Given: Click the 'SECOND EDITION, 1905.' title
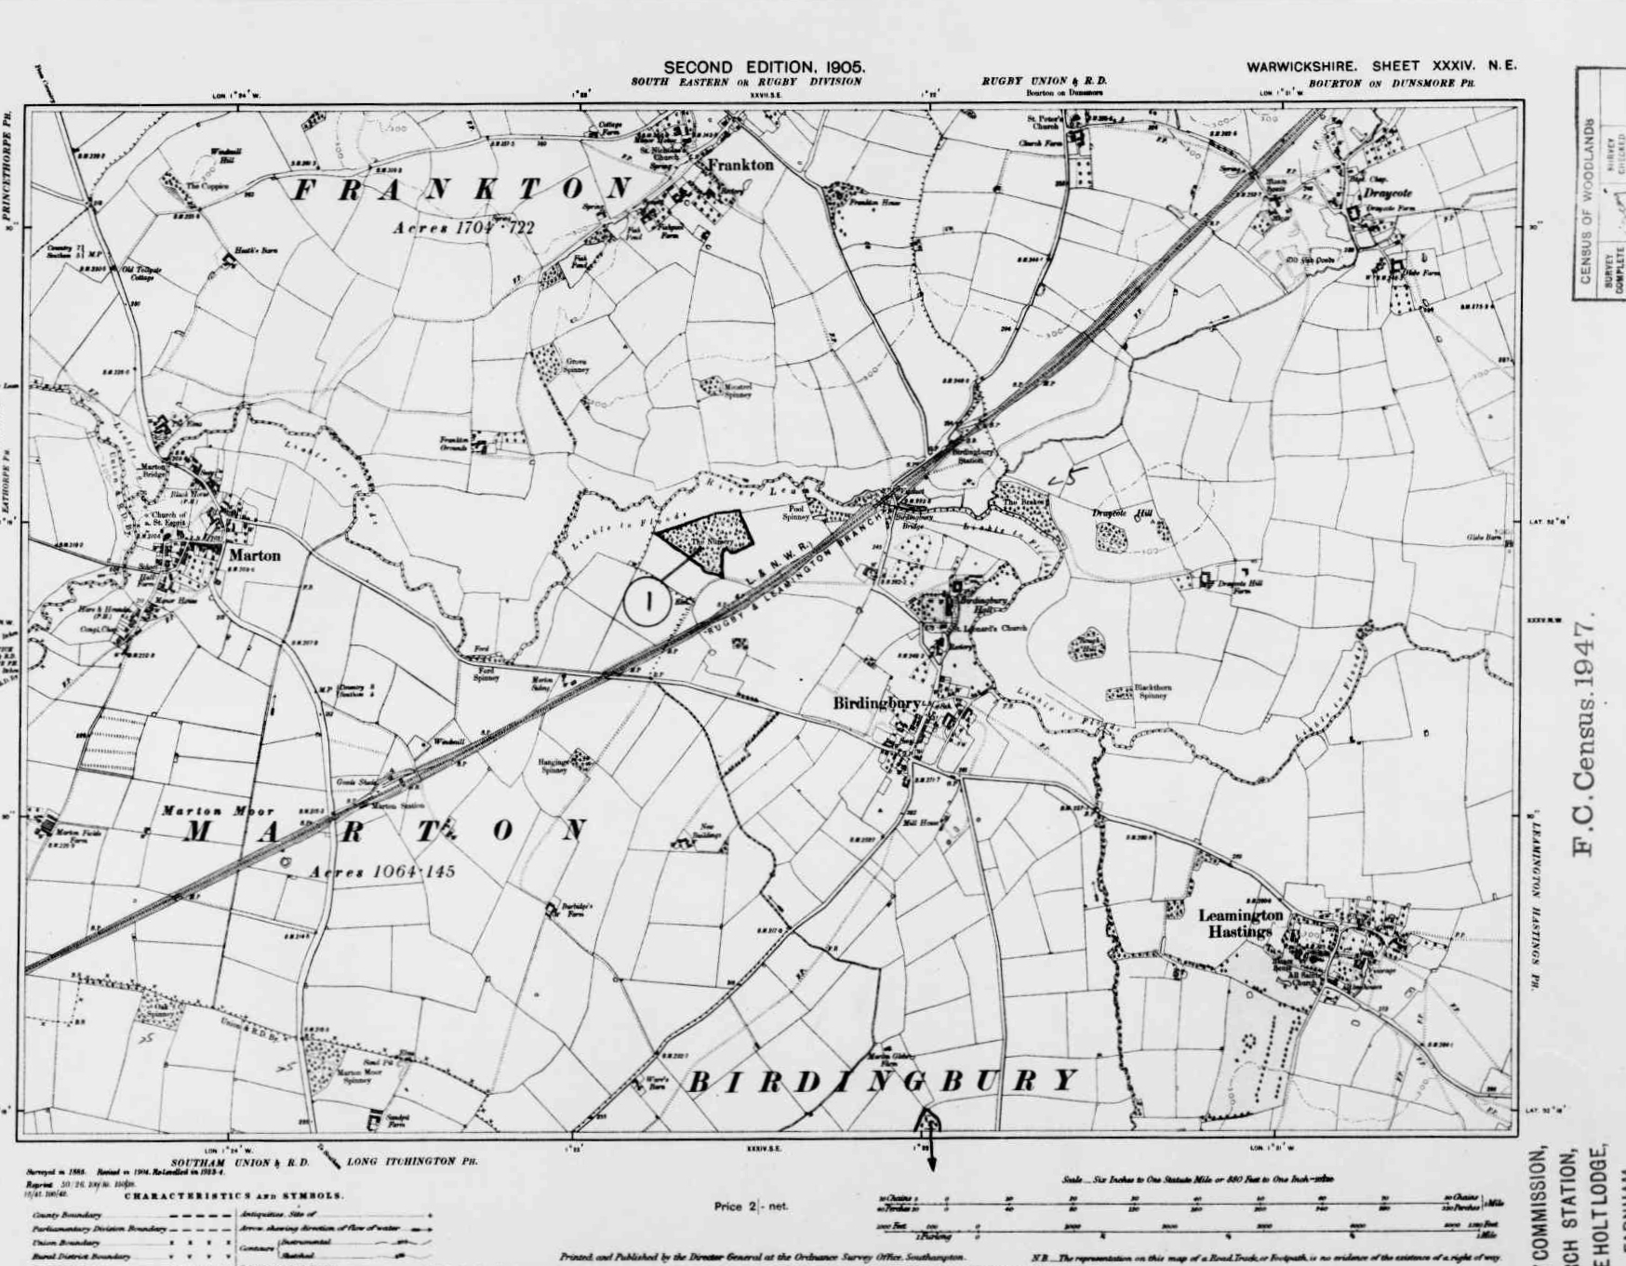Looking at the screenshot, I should point(765,67).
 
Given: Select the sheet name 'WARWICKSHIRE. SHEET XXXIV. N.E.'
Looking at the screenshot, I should point(1381,66).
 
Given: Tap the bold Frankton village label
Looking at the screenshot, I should point(740,165).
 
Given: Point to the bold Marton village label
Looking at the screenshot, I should point(254,555).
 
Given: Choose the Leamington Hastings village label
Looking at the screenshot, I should point(1240,923).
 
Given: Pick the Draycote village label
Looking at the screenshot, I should point(1388,193).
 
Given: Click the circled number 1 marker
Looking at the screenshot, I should point(648,601).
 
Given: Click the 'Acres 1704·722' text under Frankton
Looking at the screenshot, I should point(463,227).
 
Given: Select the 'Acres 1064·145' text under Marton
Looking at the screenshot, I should point(382,872).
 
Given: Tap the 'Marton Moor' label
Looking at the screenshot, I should point(218,811).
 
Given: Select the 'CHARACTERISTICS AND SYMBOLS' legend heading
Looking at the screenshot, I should point(233,1195).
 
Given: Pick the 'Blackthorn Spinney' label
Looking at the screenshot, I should point(1153,691).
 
